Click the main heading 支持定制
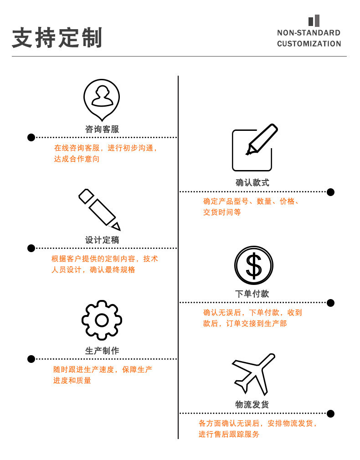click(x=57, y=37)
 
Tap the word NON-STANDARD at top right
click(x=309, y=32)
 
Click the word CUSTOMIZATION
click(x=309, y=44)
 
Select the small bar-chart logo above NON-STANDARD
click(x=314, y=21)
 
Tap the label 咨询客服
click(x=102, y=129)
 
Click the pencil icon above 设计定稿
click(x=100, y=209)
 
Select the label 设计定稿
click(x=102, y=240)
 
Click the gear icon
click(x=102, y=320)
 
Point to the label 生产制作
click(x=102, y=351)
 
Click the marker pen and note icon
click(x=254, y=147)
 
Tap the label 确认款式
click(x=252, y=182)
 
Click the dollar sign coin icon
click(x=253, y=265)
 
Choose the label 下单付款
click(x=252, y=294)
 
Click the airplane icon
click(x=254, y=374)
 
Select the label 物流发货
click(x=252, y=404)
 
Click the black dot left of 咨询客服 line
click(x=31, y=137)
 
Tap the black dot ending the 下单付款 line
click(x=331, y=303)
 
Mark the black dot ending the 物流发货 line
click(x=331, y=413)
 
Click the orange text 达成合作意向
click(x=77, y=159)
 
